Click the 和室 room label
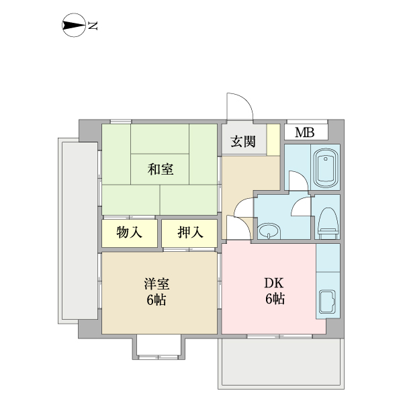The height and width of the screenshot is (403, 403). [161, 169]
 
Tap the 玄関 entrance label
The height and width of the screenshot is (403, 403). [243, 141]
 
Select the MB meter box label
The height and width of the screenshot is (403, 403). [304, 133]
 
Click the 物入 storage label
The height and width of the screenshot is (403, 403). [129, 232]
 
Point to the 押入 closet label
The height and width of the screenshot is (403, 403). [190, 232]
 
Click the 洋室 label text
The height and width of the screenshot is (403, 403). [156, 283]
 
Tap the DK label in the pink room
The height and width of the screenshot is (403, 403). [274, 283]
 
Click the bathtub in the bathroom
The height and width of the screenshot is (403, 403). [326, 169]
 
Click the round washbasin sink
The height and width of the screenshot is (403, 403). [269, 230]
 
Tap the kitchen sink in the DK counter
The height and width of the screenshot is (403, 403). [327, 302]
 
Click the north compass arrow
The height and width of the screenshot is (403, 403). [74, 26]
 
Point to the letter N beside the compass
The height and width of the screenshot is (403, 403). [93, 26]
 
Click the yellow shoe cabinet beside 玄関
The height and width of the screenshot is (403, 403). [273, 140]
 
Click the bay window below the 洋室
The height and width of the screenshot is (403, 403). [159, 347]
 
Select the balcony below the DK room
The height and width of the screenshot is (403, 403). [281, 363]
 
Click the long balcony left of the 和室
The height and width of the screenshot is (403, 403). [78, 230]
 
